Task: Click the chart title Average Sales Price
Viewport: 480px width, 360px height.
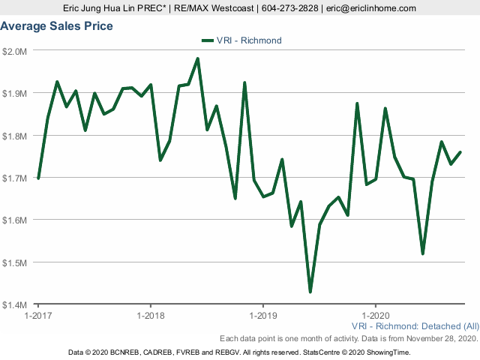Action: [57, 26]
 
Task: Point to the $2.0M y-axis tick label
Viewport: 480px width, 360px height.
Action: [15, 51]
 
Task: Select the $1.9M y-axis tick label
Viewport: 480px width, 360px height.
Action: [15, 93]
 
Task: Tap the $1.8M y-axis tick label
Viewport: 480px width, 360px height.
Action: [15, 136]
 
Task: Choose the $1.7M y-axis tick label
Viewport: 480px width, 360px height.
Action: [15, 178]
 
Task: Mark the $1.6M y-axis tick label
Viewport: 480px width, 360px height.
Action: [15, 220]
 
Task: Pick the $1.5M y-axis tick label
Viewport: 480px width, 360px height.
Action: [15, 262]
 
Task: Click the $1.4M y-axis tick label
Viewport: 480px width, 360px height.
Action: [15, 304]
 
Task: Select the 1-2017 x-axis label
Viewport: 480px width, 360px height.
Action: [37, 316]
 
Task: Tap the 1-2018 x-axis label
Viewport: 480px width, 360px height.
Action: [151, 316]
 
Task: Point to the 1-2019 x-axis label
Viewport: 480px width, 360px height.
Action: [262, 316]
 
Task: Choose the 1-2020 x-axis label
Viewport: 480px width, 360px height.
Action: [375, 316]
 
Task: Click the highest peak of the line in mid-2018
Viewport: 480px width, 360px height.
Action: [197, 58]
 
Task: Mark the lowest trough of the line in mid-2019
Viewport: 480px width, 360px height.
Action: [310, 292]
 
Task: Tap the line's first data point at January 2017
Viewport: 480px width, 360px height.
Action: [38, 178]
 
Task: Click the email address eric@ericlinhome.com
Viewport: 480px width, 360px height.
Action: [375, 8]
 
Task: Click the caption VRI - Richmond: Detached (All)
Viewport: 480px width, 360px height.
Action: [415, 327]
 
